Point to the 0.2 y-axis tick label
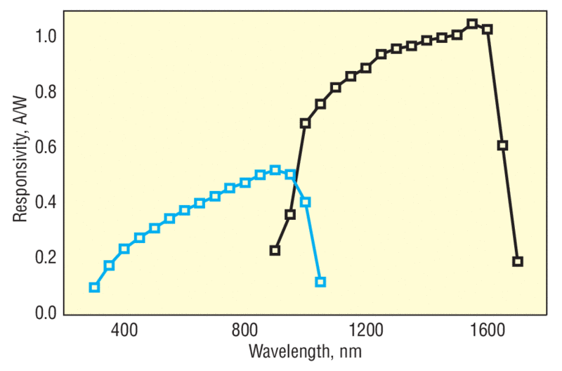coord(46,257)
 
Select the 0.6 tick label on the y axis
coord(46,147)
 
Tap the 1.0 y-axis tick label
coord(46,37)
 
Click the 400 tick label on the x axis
coord(124,329)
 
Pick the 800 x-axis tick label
coord(245,329)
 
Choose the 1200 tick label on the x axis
coord(366,329)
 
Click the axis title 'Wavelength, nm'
coord(306,350)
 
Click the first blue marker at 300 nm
coord(94,287)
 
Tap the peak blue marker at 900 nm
coord(275,170)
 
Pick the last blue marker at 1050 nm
coord(320,282)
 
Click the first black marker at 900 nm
coord(275,250)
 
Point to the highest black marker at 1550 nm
coord(472,24)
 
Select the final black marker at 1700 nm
coord(518,261)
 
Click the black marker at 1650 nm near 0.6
coord(502,145)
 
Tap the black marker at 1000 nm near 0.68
coord(305,123)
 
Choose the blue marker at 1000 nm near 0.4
coord(305,202)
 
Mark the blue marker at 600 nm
coord(185,210)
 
